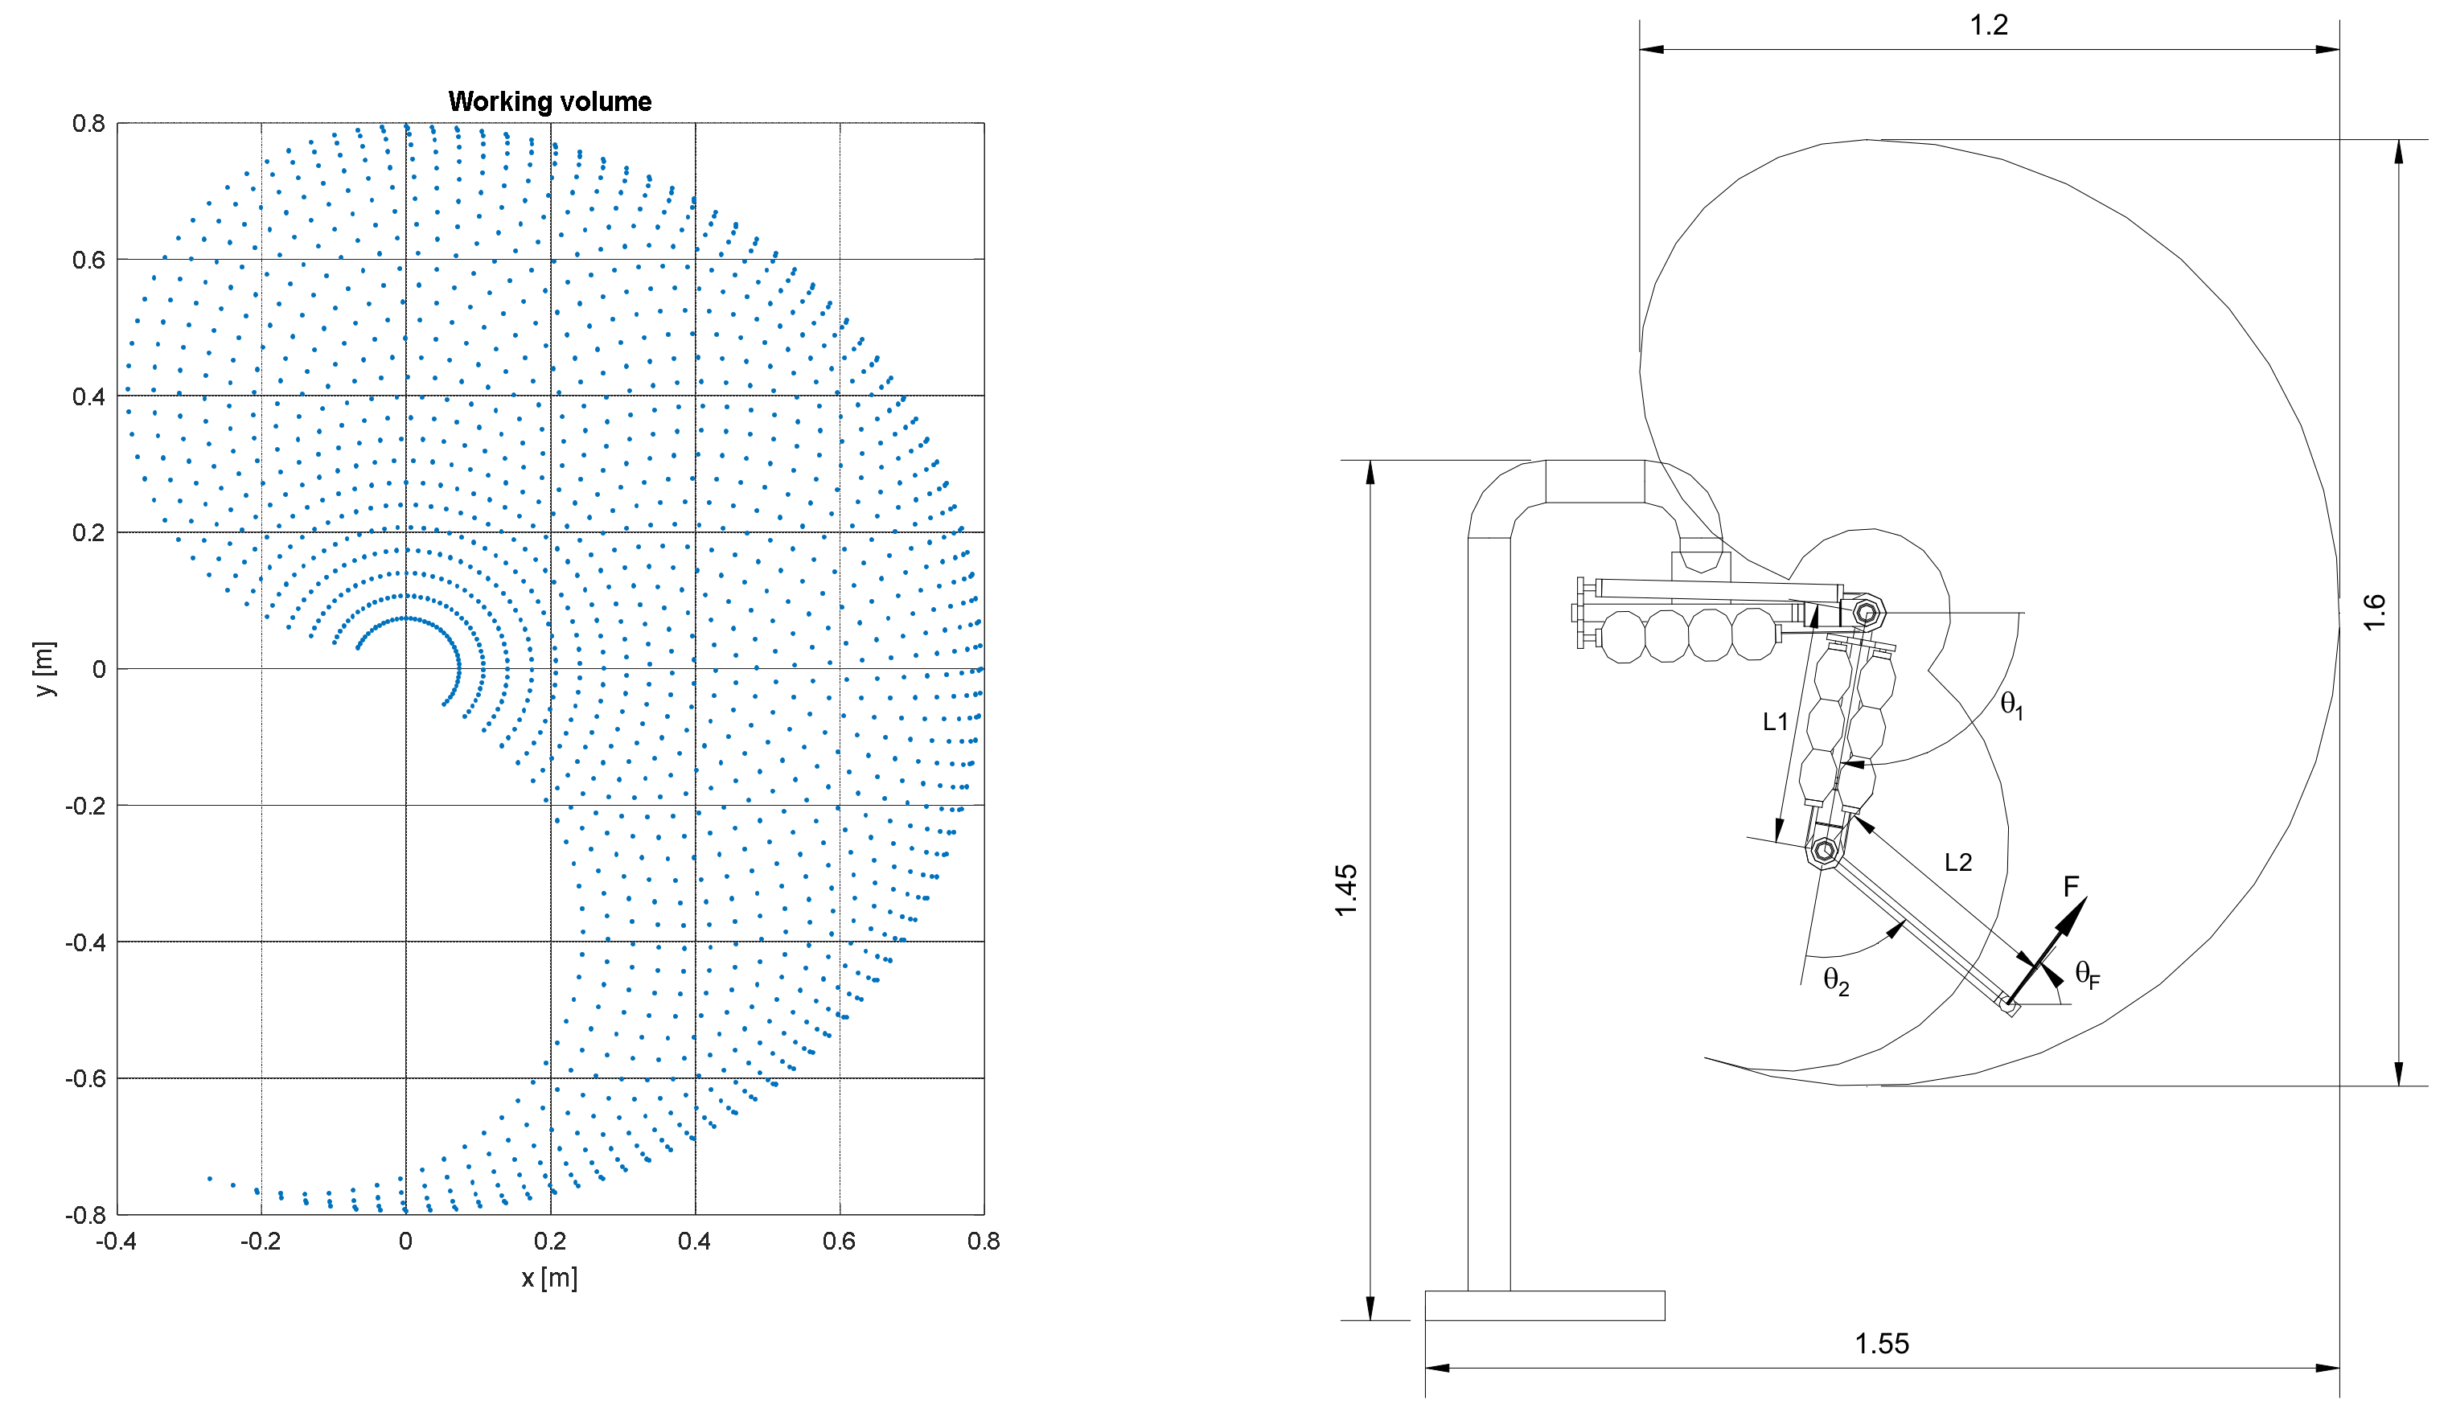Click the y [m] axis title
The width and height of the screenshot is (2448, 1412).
(44, 668)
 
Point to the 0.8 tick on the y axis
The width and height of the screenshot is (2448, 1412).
(88, 123)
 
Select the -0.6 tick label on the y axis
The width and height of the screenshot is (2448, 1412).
(84, 1078)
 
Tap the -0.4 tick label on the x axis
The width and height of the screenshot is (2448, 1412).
(116, 1242)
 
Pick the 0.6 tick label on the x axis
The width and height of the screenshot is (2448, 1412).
(839, 1242)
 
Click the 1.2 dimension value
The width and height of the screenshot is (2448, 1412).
(1988, 25)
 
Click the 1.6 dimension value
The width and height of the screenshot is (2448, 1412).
(2373, 612)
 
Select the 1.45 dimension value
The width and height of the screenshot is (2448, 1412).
(1346, 890)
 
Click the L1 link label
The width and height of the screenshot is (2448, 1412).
(1775, 721)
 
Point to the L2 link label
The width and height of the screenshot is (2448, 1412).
(1957, 862)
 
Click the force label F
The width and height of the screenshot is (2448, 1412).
(2071, 886)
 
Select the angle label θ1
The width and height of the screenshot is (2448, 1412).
(2011, 705)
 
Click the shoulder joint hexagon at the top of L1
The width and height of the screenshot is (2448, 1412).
(1865, 613)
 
